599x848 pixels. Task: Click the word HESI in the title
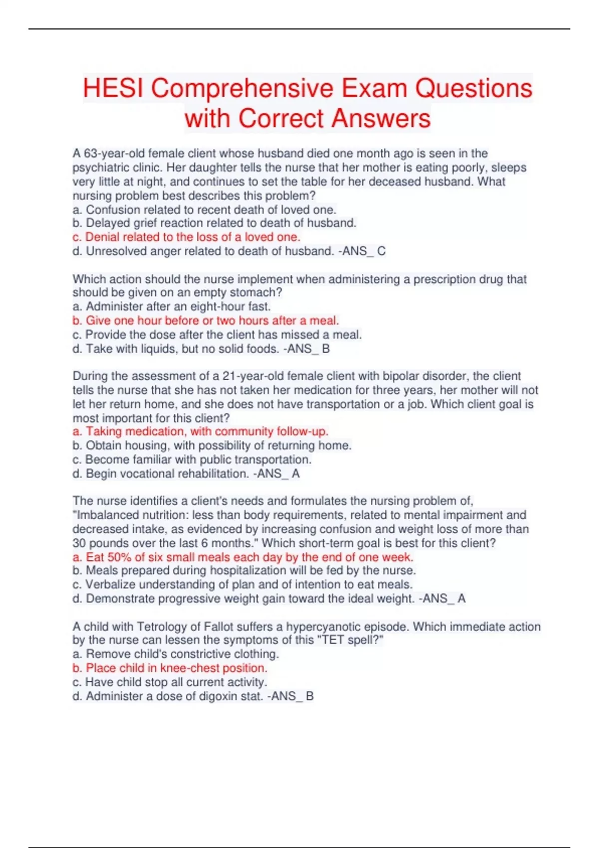pos(114,89)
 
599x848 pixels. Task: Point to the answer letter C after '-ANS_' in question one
pos(381,251)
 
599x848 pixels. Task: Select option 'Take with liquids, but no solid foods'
pos(182,349)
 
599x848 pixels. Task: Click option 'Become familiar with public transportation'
pos(198,459)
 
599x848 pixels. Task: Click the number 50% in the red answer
pos(119,557)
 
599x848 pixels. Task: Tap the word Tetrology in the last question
pos(162,627)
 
